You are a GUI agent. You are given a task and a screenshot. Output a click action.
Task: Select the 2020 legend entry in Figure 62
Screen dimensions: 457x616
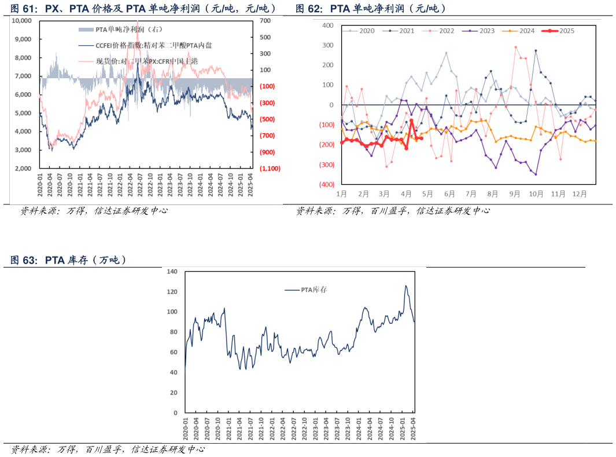[x=362, y=31]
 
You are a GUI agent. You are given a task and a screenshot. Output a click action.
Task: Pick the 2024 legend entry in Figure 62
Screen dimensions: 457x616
[x=521, y=31]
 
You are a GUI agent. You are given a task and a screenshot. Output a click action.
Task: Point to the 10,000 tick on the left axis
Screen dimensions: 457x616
[x=22, y=21]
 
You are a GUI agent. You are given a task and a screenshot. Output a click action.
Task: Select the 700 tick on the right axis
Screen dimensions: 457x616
[x=265, y=21]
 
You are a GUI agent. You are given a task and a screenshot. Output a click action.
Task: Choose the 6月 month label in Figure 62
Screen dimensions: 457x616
[x=449, y=194]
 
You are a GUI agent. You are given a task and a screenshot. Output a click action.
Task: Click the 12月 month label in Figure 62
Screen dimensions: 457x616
[x=580, y=194]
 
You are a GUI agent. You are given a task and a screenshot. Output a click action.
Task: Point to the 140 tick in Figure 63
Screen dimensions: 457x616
[x=172, y=272]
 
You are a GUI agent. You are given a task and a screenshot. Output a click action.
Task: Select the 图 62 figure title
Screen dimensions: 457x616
[x=370, y=9]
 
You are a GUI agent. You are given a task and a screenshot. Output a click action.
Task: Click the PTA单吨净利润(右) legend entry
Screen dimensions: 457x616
[x=121, y=29]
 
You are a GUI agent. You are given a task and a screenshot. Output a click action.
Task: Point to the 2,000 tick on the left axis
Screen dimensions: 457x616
[x=24, y=169]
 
